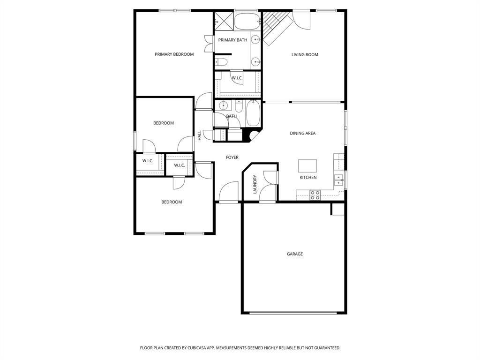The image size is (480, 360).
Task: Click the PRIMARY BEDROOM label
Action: click(174, 54)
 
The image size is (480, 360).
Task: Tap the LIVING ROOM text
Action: click(305, 55)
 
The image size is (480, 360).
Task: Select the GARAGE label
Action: click(295, 254)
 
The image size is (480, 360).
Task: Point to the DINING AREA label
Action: click(302, 134)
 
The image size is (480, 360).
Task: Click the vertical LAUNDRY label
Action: click(255, 184)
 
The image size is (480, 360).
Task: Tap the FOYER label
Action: click(232, 157)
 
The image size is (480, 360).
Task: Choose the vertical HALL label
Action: click(200, 135)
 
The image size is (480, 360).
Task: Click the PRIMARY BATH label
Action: click(232, 40)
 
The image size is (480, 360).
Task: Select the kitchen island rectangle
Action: click(307, 166)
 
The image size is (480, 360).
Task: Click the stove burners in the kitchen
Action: click(315, 195)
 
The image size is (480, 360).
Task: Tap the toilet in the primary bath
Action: click(221, 61)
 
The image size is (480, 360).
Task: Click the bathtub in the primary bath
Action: click(246, 21)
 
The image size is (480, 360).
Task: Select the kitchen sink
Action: click(338, 179)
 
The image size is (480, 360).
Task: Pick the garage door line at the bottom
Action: click(294, 313)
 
